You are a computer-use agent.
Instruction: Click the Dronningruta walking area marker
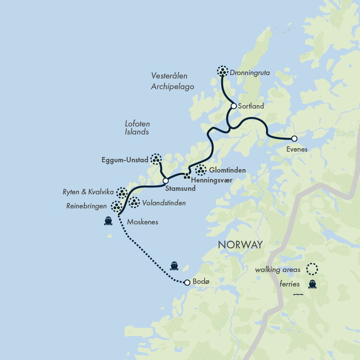(x=222, y=72)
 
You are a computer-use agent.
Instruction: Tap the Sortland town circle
(x=234, y=106)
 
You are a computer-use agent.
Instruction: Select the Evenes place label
(x=296, y=149)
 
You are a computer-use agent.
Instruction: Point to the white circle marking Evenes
(x=294, y=139)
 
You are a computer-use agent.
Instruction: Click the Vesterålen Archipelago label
(x=172, y=81)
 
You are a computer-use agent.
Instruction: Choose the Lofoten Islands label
(x=137, y=128)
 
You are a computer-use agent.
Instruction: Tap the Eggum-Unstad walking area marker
(x=156, y=158)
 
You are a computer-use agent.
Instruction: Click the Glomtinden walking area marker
(x=201, y=170)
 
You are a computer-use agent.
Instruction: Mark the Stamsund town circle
(x=166, y=181)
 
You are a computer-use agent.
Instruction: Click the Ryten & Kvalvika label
(x=88, y=192)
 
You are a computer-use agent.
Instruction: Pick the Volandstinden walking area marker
(x=134, y=203)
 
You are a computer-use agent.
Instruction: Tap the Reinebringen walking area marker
(x=116, y=206)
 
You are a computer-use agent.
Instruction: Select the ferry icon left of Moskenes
(x=108, y=221)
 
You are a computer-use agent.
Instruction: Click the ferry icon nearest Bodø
(x=174, y=265)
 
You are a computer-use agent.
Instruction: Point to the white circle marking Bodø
(x=187, y=283)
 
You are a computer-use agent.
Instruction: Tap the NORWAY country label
(x=240, y=245)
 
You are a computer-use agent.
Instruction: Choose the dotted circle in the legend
(x=312, y=269)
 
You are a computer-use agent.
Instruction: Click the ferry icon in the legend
(x=312, y=284)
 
